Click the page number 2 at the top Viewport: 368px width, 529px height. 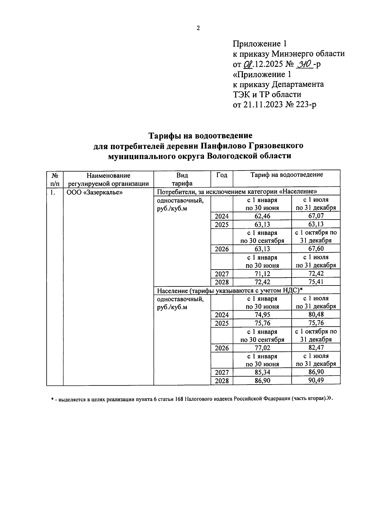(198, 28)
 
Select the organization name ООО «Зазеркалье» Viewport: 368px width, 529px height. (95, 193)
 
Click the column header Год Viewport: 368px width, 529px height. (222, 175)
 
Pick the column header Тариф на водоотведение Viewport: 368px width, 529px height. (286, 175)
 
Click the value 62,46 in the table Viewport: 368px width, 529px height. (262, 216)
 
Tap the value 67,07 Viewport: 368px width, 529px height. (316, 216)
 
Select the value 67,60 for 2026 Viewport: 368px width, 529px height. (316, 249)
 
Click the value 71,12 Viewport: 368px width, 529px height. (262, 274)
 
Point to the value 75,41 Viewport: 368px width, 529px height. (316, 282)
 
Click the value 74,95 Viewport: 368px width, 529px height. (262, 315)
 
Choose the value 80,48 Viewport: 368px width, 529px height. (316, 315)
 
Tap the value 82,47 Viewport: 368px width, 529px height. (316, 348)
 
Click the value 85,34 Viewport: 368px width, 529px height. (262, 372)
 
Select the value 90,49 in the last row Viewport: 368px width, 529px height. (316, 381)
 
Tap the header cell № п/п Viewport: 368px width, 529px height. (55, 179)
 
